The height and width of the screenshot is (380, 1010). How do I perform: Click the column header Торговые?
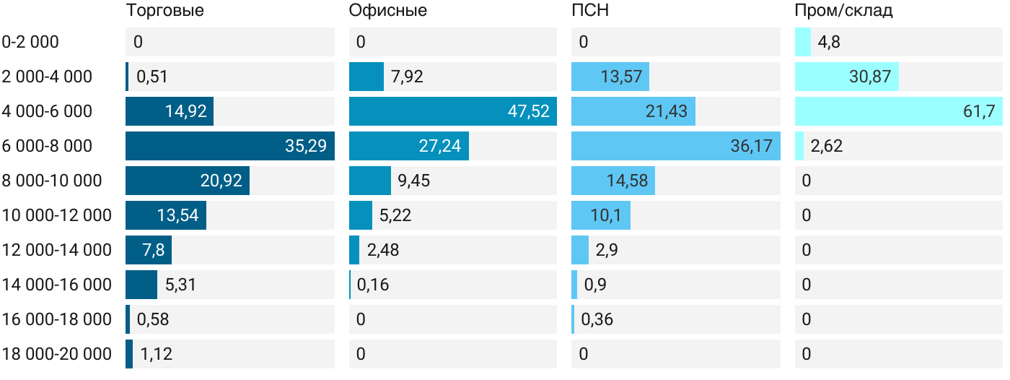[164, 11]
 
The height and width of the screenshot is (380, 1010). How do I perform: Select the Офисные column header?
[387, 11]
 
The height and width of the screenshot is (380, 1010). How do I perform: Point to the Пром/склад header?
[843, 11]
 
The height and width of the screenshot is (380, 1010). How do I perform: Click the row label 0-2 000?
[30, 42]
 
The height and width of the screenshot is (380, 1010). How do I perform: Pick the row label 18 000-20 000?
[57, 354]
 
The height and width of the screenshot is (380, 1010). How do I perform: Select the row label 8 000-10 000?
[52, 181]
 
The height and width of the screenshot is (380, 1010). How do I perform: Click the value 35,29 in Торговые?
[305, 146]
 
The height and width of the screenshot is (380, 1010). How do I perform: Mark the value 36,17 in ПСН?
[751, 146]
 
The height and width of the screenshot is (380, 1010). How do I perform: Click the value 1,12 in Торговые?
[157, 354]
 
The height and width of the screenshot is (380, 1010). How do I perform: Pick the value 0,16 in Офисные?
[373, 285]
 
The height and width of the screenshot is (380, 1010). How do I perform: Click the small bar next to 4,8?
[802, 42]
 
